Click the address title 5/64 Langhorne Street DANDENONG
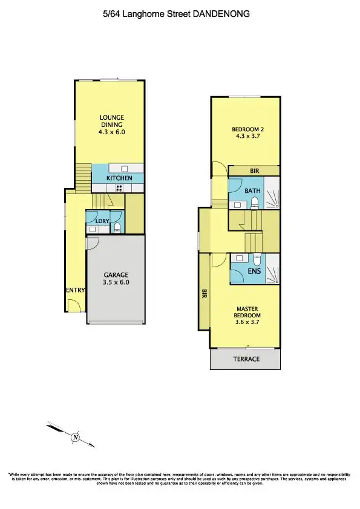pos(180,13)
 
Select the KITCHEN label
pos(119,178)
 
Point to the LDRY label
pos(102,221)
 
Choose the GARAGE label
pos(117,275)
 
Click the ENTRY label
pos(76,291)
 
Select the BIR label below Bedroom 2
pos(255,171)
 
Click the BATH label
pos(252,191)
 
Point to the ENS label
pos(255,272)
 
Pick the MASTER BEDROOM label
pos(247,311)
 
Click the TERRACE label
pos(246,359)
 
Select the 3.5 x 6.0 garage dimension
pos(117,282)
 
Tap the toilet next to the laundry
pos(119,227)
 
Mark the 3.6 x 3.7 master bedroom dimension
pos(247,322)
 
